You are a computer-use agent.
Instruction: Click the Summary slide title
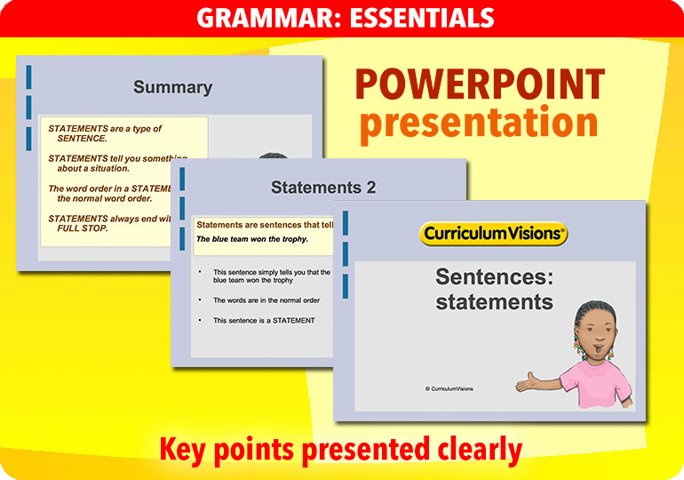tap(172, 87)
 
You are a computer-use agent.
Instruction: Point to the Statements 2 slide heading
tap(322, 188)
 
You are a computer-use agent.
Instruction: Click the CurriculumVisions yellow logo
tap(493, 234)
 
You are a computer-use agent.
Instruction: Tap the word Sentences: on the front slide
tap(493, 276)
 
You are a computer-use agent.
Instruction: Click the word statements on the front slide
tap(494, 301)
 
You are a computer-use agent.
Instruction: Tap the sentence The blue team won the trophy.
tap(252, 239)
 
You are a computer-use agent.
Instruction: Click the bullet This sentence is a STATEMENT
tap(264, 321)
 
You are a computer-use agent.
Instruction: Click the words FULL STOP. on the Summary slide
tap(83, 228)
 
